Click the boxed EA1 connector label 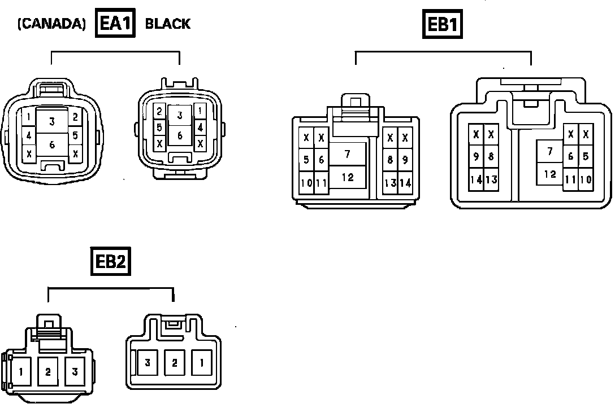pyautogui.click(x=115, y=24)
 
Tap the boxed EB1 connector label pyautogui.click(x=443, y=25)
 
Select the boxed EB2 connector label pyautogui.click(x=111, y=262)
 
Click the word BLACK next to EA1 pyautogui.click(x=168, y=24)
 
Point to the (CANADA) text pyautogui.click(x=51, y=24)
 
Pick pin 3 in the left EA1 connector pyautogui.click(x=52, y=121)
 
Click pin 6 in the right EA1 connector pyautogui.click(x=180, y=135)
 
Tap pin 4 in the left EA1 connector pyautogui.click(x=29, y=136)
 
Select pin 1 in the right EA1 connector pyautogui.click(x=200, y=111)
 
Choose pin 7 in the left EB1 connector pyautogui.click(x=347, y=154)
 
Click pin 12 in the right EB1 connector pyautogui.click(x=550, y=174)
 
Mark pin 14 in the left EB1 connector pyautogui.click(x=405, y=183)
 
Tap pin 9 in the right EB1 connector pyautogui.click(x=477, y=157)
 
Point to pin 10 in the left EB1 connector pyautogui.click(x=306, y=183)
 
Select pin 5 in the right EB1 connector pyautogui.click(x=586, y=157)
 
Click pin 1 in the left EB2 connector pyautogui.click(x=21, y=371)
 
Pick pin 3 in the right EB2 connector pyautogui.click(x=148, y=363)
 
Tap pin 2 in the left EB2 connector pyautogui.click(x=48, y=371)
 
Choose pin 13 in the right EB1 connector pyautogui.click(x=491, y=179)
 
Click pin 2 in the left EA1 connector pyautogui.click(x=75, y=117)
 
